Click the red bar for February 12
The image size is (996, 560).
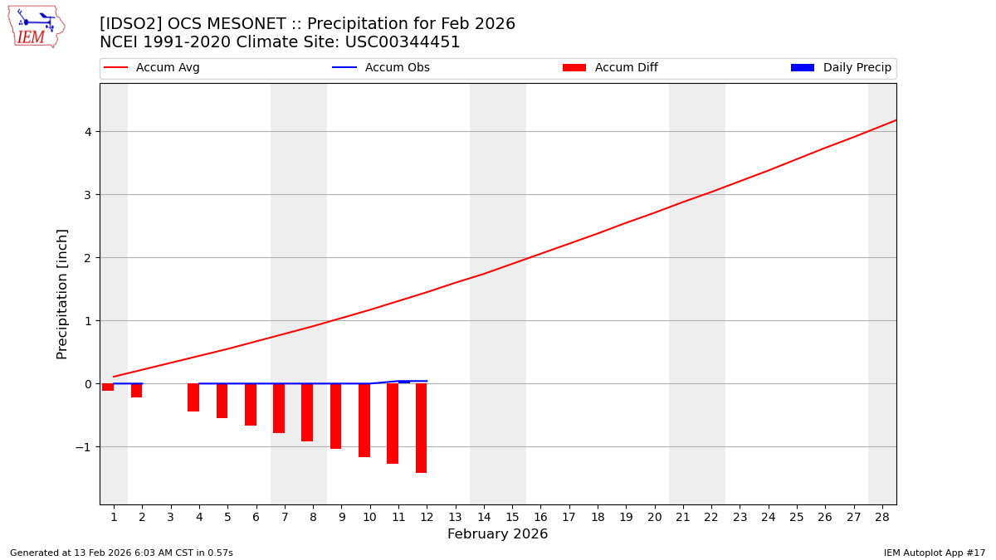click(x=421, y=428)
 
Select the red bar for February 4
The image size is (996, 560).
click(x=193, y=397)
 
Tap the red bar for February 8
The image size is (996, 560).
click(x=307, y=412)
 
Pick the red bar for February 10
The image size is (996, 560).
click(x=364, y=420)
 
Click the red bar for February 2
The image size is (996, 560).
click(x=136, y=390)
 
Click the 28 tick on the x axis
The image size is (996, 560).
click(x=881, y=517)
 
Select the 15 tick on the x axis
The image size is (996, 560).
click(x=512, y=517)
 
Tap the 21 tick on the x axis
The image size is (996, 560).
click(x=683, y=517)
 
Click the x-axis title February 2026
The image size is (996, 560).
click(x=497, y=534)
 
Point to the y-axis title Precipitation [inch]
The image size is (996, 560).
click(x=62, y=294)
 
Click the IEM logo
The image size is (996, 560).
click(x=37, y=27)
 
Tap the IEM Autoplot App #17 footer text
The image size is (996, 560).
click(x=934, y=553)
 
